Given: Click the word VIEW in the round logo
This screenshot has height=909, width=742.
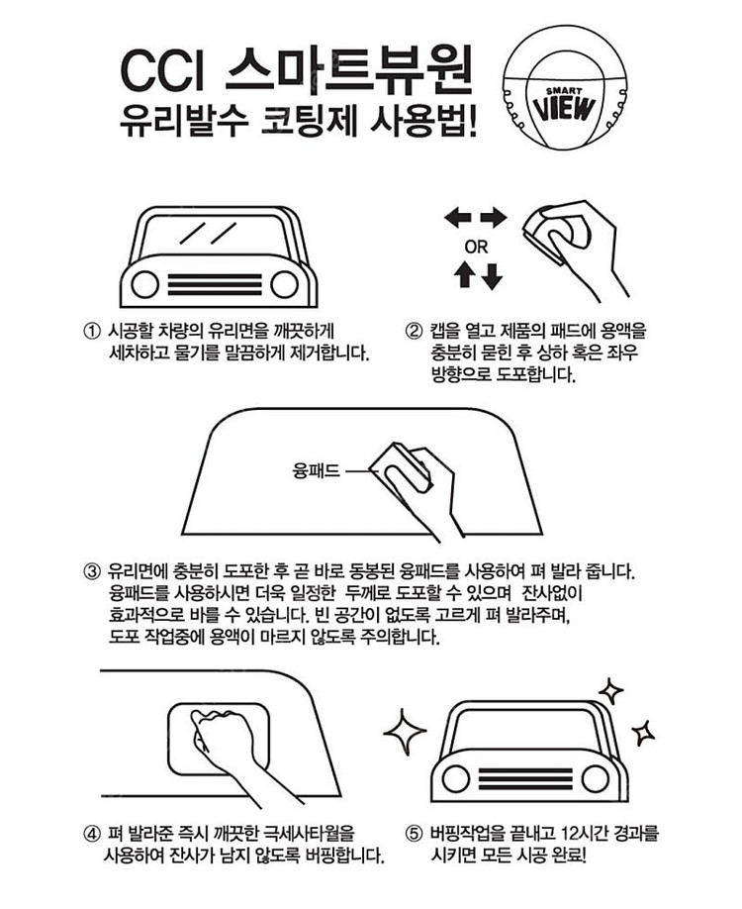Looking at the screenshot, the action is (564, 108).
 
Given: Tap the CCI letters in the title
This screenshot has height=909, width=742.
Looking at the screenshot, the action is (163, 72).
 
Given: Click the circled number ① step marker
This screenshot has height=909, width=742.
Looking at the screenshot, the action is (93, 332).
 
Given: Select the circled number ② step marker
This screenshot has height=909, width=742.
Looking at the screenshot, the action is (414, 332).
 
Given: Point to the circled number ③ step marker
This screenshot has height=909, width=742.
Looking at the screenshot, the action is (93, 572).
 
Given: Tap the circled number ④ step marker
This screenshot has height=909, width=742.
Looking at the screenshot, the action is (93, 834).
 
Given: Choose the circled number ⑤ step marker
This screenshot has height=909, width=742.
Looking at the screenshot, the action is (414, 834).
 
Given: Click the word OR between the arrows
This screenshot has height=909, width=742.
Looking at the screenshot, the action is (476, 248).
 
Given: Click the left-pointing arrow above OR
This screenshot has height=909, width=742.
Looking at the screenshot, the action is (458, 219).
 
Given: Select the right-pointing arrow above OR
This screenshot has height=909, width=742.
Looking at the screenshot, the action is (494, 219).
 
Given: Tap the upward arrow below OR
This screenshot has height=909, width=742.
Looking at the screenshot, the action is (465, 275).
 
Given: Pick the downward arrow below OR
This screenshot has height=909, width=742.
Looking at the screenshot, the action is (492, 276).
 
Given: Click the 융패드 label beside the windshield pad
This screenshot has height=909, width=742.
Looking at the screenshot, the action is (317, 470).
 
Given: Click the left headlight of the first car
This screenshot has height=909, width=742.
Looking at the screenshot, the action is (144, 284).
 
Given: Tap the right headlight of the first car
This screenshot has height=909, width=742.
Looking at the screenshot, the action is (284, 284).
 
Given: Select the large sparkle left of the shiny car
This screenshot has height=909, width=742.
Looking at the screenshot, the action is (405, 732).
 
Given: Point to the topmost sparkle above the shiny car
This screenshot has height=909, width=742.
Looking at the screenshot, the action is (610, 691).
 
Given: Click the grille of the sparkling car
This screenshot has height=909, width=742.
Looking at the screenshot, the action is (525, 778).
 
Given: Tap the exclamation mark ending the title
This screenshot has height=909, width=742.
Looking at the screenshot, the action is (472, 122).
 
